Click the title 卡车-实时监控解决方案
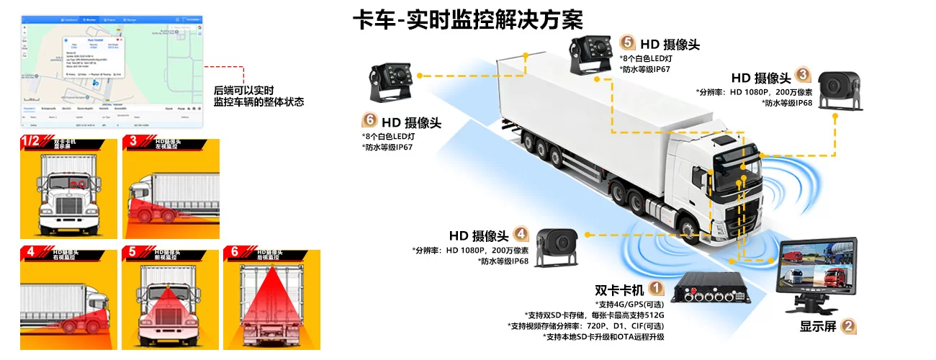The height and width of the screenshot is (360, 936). pos(467,19)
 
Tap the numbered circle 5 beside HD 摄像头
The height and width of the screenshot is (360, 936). pos(627,44)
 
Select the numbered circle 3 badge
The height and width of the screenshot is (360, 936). pos(803,76)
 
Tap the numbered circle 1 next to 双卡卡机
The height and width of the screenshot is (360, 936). pos(656,289)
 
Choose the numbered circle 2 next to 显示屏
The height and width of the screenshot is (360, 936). pos(849,326)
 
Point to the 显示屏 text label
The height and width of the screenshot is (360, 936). pos(818,326)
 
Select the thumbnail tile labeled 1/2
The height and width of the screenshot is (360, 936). pos(68,187)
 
